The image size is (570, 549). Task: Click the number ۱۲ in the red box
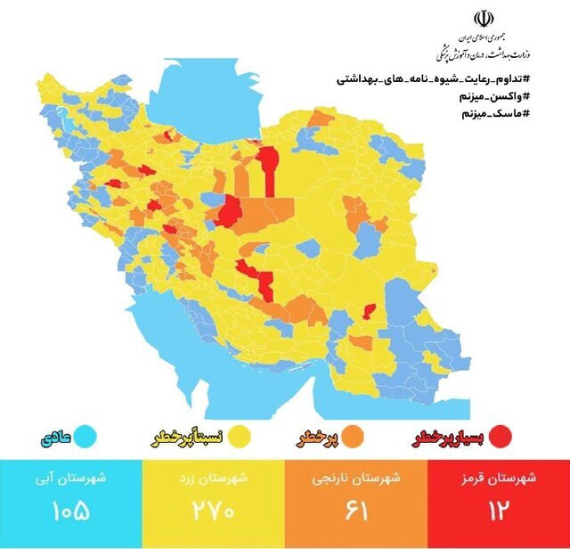(x=496, y=512)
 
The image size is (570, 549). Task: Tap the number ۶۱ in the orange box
(x=354, y=512)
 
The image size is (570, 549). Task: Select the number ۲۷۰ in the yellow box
(x=212, y=512)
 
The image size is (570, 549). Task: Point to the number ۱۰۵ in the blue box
(x=70, y=512)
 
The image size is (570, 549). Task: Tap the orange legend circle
(x=352, y=437)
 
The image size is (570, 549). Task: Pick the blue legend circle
(x=85, y=437)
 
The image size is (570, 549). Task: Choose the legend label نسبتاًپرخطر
(x=185, y=438)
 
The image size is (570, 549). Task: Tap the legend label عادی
(x=54, y=438)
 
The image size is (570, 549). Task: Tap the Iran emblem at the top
(x=483, y=20)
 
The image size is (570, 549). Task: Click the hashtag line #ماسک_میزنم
(x=494, y=114)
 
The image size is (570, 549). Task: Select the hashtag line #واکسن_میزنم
(x=491, y=96)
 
